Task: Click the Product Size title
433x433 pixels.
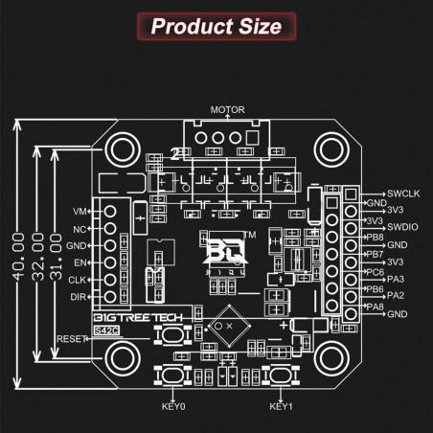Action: (x=216, y=25)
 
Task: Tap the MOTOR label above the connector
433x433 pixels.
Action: (x=228, y=110)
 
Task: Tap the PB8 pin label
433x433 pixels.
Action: (x=375, y=236)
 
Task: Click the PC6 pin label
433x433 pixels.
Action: (x=375, y=271)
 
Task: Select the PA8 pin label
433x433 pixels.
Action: (x=375, y=306)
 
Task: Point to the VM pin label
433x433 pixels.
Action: (x=80, y=211)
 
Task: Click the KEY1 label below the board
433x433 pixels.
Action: (x=281, y=406)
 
